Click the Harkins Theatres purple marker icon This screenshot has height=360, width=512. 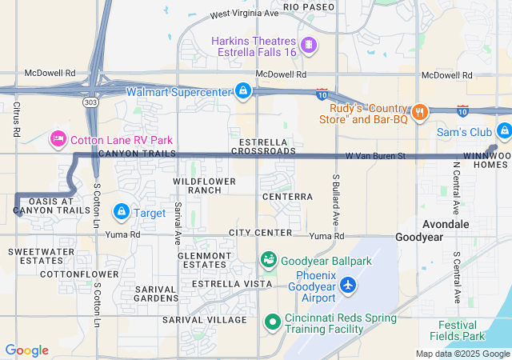(x=308, y=44)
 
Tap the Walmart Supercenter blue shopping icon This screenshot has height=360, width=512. (x=242, y=91)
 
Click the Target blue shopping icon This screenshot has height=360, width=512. (x=121, y=212)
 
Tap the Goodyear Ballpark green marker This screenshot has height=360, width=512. (x=269, y=260)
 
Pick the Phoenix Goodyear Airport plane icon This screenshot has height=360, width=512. (x=348, y=284)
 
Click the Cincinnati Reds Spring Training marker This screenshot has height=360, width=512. (x=272, y=322)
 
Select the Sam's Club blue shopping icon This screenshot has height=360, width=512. (x=503, y=130)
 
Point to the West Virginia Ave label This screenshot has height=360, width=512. (x=244, y=14)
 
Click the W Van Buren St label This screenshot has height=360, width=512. (x=376, y=154)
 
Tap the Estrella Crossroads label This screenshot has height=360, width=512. (x=262, y=146)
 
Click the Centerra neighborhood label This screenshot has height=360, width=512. (x=287, y=196)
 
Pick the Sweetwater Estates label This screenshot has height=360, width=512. (x=36, y=256)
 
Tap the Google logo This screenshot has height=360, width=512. (x=26, y=350)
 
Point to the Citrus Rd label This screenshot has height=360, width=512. (x=16, y=118)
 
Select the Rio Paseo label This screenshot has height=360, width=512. (x=308, y=6)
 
